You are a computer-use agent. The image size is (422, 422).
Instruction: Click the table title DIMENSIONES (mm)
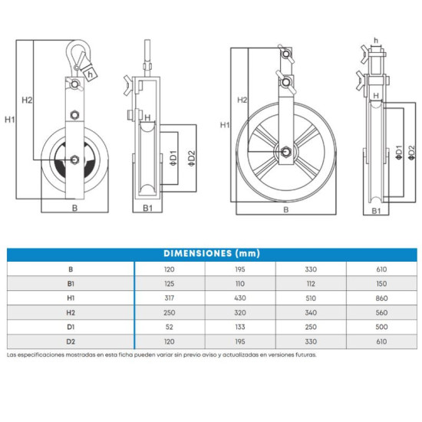pos(212,253)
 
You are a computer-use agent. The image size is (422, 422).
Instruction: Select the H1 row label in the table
pos(71,298)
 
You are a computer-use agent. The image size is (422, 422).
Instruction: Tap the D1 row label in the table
pos(71,327)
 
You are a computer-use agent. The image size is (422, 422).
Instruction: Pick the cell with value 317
pos(170,298)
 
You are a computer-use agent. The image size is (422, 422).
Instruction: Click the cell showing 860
pos(381,298)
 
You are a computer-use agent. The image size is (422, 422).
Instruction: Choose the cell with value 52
pos(170,327)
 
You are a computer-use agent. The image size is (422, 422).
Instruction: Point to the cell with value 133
pos(240,327)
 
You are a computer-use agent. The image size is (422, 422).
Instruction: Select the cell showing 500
pos(381,327)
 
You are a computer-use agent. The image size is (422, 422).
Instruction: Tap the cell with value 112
pos(311,284)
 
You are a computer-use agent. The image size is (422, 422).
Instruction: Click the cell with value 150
pos(381,284)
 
